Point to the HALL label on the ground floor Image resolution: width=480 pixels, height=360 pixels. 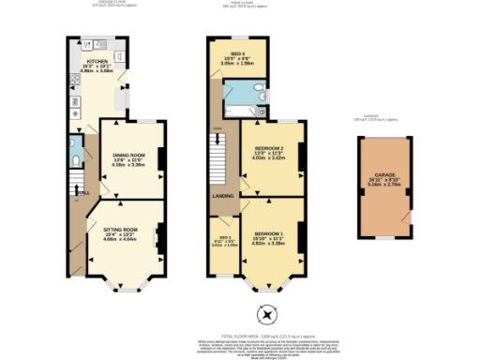pyautogui.click(x=82, y=193)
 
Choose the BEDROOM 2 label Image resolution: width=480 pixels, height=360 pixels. pyautogui.click(x=269, y=151)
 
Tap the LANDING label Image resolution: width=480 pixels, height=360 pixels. pyautogui.click(x=223, y=195)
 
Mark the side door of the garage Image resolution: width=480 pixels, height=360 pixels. pyautogui.click(x=406, y=217)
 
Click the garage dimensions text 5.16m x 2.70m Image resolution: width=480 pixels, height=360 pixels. pyautogui.click(x=385, y=185)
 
